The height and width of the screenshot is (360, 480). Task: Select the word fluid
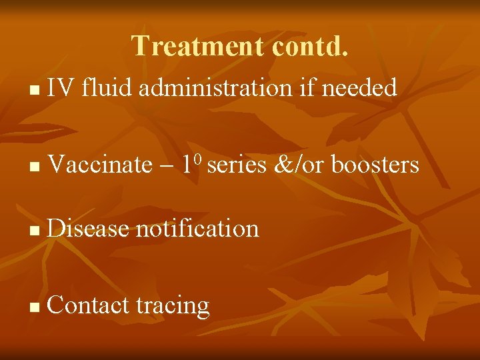click(105, 87)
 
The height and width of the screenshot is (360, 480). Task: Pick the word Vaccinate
click(100, 165)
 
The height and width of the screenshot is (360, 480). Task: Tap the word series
click(237, 165)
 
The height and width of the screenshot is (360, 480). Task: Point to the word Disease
click(88, 229)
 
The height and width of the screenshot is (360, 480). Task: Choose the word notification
click(197, 229)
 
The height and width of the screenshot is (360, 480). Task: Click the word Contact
click(88, 305)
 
